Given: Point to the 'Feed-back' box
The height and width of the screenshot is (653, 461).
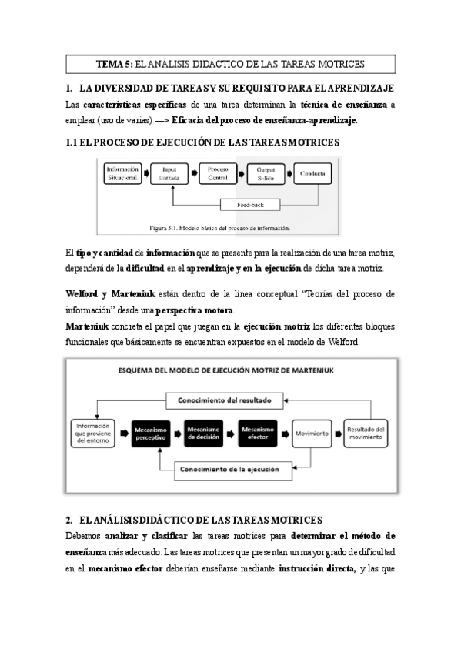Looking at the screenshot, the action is (x=247, y=205).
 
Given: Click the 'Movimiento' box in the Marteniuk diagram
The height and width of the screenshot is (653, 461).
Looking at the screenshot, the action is (x=312, y=433).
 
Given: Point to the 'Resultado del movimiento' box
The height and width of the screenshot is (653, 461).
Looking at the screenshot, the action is (x=366, y=433).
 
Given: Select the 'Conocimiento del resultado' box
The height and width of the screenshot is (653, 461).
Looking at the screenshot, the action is (x=229, y=400).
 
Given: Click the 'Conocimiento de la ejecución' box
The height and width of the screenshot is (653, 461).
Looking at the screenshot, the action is (x=228, y=467).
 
